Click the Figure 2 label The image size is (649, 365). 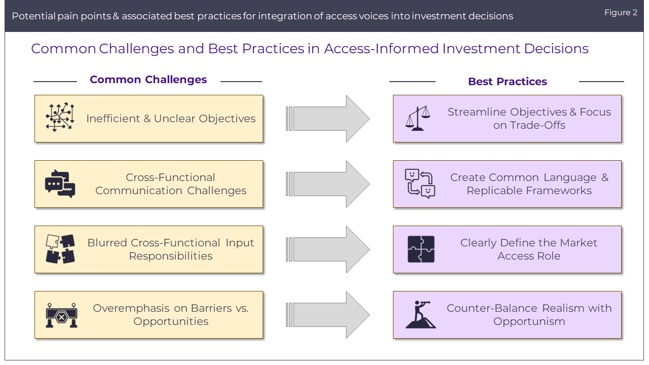pos(621,13)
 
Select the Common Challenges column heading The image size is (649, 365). pos(148,80)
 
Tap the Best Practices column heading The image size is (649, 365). pos(507,82)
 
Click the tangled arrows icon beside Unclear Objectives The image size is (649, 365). pos(60,118)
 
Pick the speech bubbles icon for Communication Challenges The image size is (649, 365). pos(60,184)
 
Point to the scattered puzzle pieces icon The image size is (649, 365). pos(60,249)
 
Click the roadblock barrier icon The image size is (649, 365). pos(61,315)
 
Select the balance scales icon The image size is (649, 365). pos(418,119)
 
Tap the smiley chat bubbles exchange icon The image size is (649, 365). pos(420,184)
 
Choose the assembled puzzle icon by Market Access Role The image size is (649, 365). pos(421,249)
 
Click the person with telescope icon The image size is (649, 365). pos(420,314)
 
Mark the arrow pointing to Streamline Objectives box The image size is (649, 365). pos(329,119)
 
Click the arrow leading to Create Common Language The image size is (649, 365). pos(329,184)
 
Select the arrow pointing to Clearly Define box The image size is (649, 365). pos(329,249)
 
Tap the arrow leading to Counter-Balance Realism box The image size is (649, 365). pos(329,315)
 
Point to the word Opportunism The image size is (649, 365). pos(529,321)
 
